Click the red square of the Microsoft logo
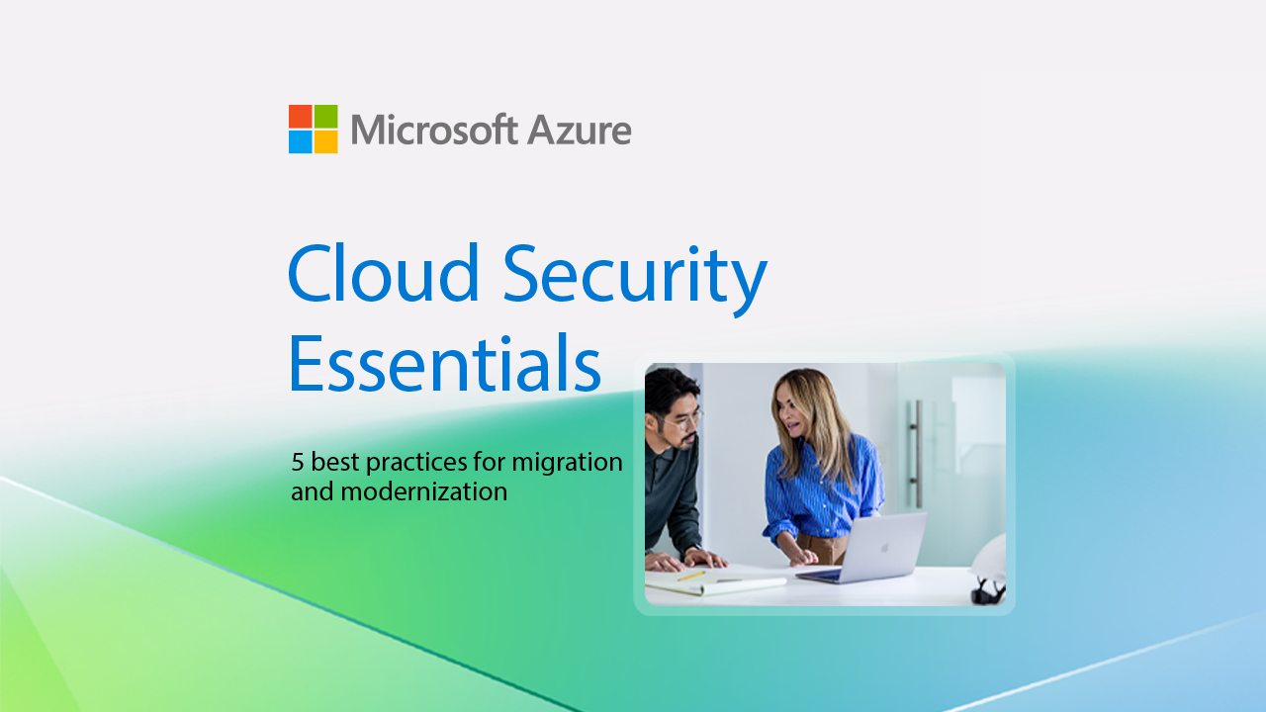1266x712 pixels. coord(300,117)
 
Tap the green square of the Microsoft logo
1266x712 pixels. coord(326,117)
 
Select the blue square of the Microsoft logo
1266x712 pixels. coord(300,141)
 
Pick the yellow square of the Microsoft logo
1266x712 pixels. coord(326,141)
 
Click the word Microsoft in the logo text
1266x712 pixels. coord(434,130)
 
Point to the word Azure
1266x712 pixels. coord(580,131)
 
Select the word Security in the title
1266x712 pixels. coord(635,279)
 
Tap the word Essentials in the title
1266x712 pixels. coord(445,363)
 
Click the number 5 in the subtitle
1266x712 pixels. coord(298,462)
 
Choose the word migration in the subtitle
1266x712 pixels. coord(567,464)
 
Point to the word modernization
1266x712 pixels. coord(424,491)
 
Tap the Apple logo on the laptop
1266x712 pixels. coord(884,547)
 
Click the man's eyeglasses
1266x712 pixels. coord(686,420)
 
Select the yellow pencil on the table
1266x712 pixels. coord(691,576)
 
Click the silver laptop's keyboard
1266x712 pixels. coord(819,575)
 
